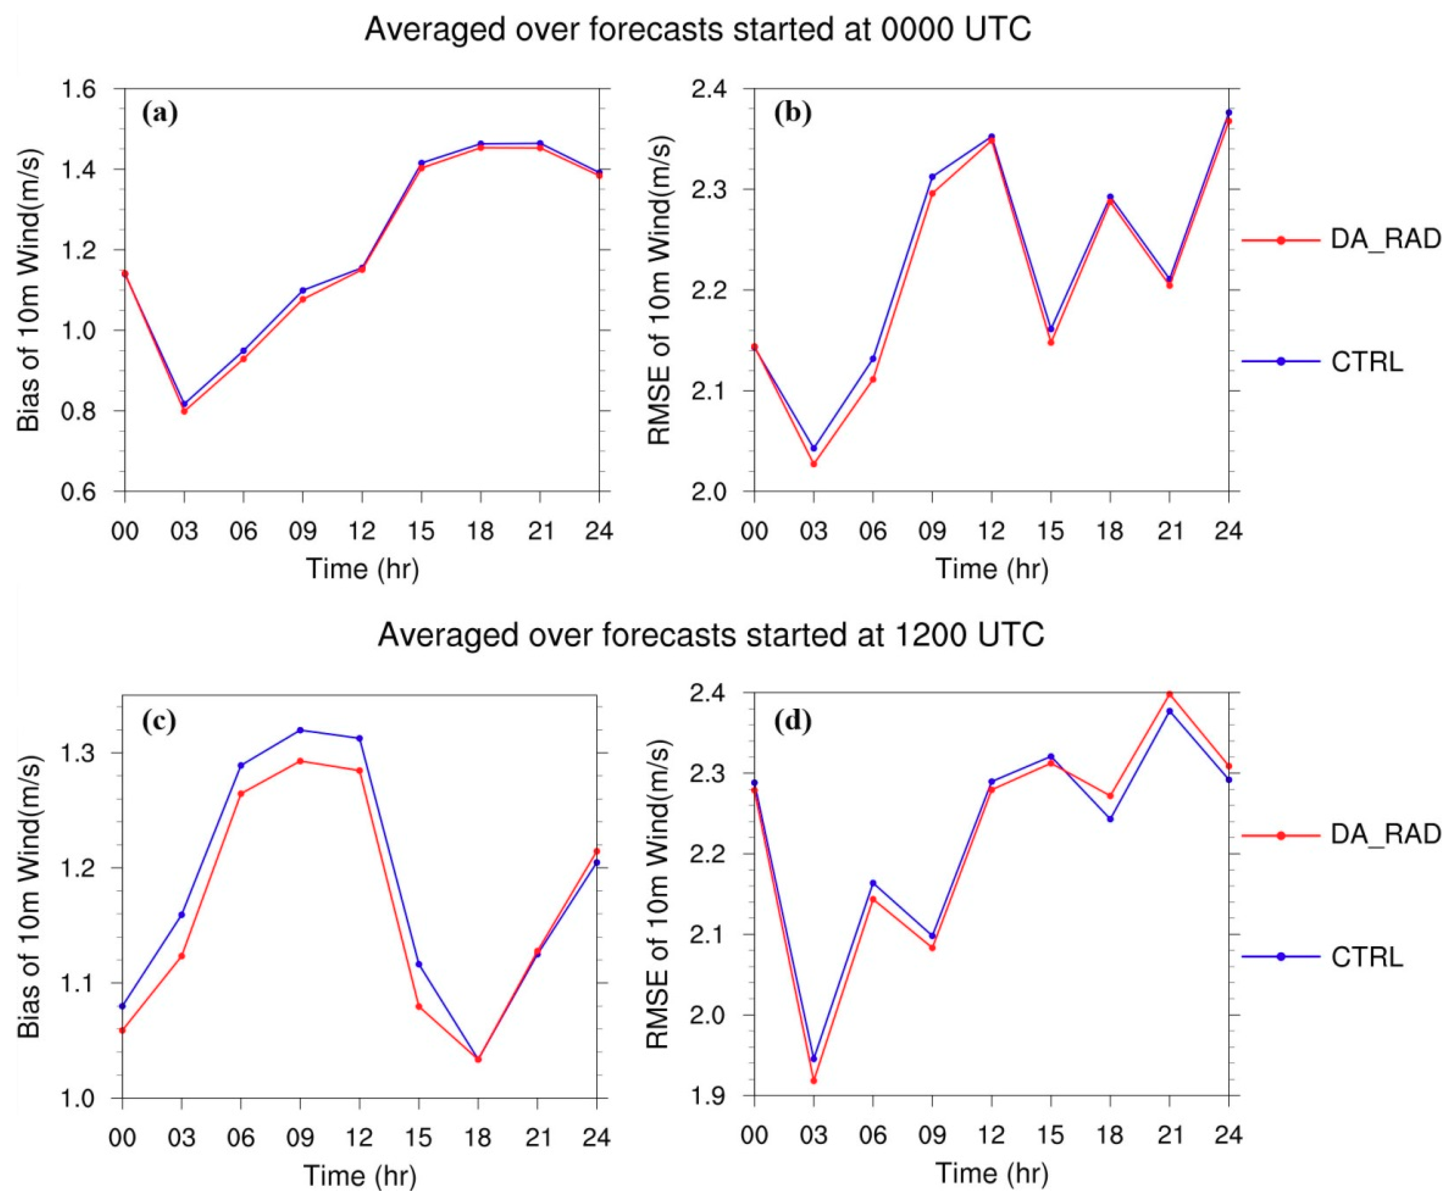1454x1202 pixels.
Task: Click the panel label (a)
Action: click(160, 112)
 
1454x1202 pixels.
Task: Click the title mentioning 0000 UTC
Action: click(698, 30)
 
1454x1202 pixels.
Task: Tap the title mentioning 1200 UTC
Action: click(710, 634)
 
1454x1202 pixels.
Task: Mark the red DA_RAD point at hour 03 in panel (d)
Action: click(813, 1080)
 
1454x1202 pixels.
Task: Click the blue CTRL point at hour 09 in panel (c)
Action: click(301, 730)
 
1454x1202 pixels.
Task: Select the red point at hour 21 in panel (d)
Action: click(1170, 694)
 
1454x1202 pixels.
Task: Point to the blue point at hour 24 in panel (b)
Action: click(1229, 112)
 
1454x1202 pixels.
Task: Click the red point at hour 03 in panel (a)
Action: click(184, 411)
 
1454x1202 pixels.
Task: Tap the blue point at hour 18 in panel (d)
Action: click(1110, 819)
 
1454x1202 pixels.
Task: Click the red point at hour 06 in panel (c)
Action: click(241, 793)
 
